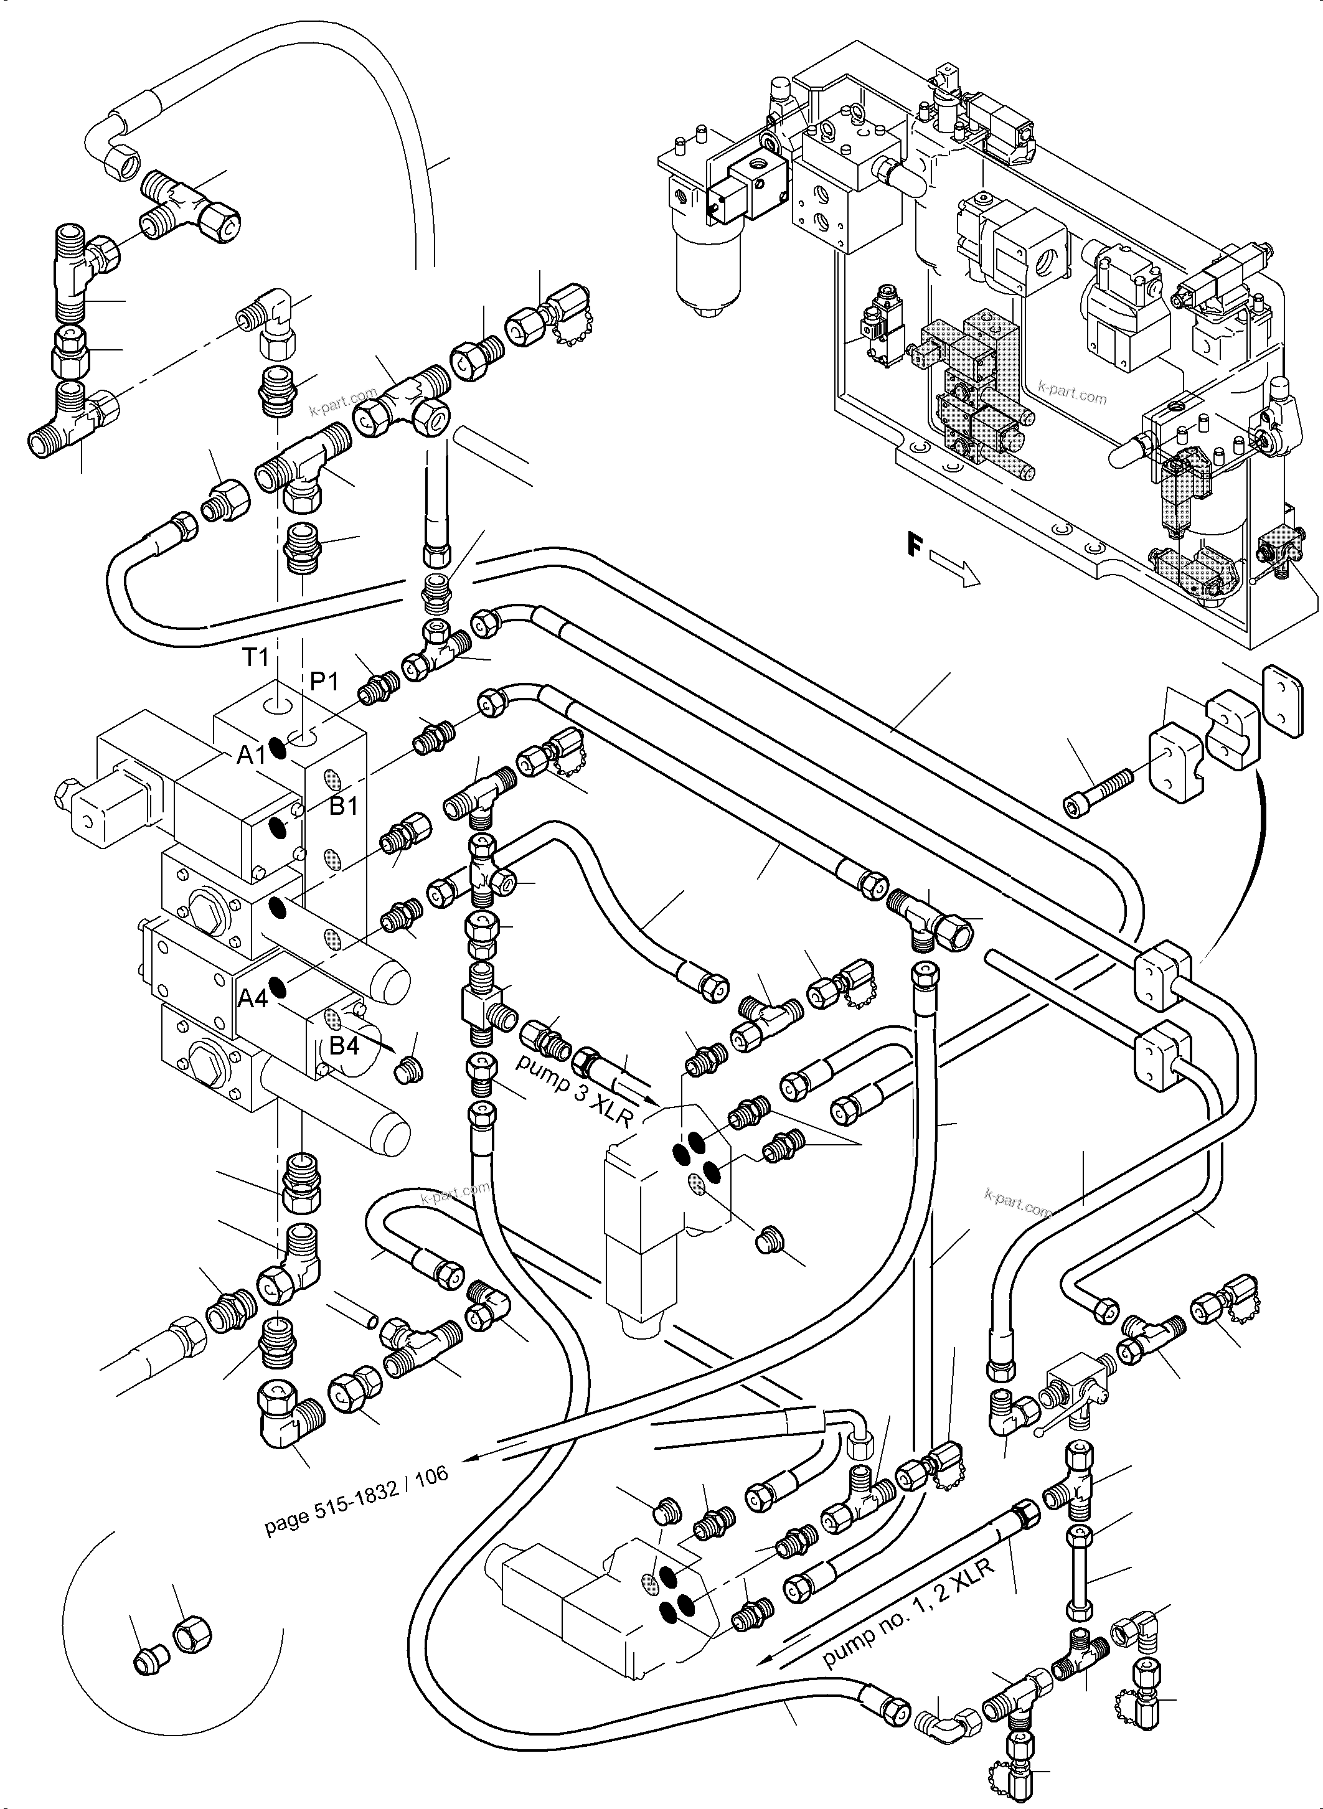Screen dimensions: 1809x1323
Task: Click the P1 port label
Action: click(x=324, y=682)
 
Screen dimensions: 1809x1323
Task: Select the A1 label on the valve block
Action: click(x=252, y=754)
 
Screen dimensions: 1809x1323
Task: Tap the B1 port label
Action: click(x=344, y=806)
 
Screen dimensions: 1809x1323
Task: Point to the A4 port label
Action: click(x=252, y=998)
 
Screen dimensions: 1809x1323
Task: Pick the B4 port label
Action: click(x=344, y=1046)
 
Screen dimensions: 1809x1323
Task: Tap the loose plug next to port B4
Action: click(x=410, y=1068)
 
